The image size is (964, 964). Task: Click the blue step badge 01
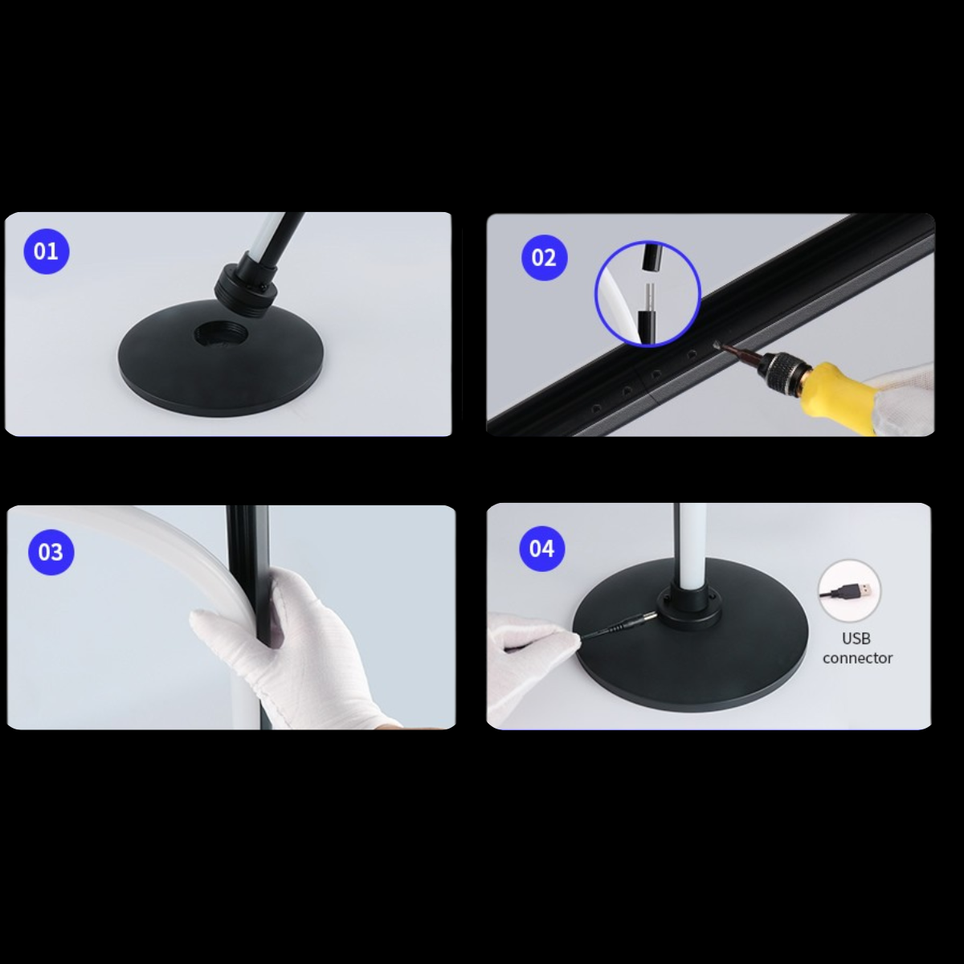(x=46, y=251)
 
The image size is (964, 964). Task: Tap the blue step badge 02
(x=544, y=258)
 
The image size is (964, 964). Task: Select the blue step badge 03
(x=51, y=552)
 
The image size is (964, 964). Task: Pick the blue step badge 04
(x=541, y=549)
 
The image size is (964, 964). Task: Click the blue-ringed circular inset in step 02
(x=647, y=294)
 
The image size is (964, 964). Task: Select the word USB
(x=856, y=639)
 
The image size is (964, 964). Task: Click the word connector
(x=857, y=658)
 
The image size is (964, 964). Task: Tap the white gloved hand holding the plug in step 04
(x=530, y=651)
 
